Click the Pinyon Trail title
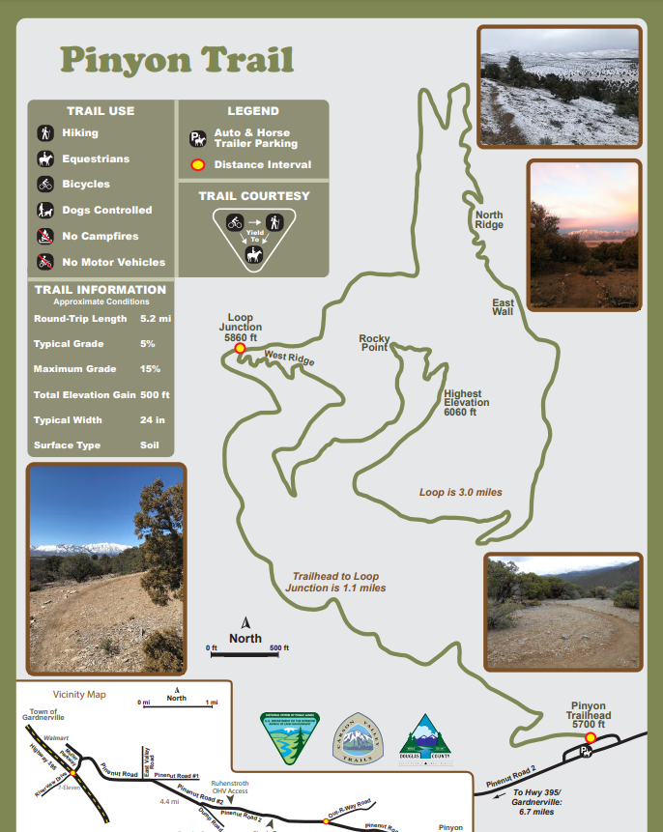[177, 60]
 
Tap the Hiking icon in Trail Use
[44, 133]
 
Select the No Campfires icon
[44, 236]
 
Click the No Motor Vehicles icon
[44, 262]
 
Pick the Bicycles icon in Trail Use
[44, 185]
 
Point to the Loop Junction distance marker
[240, 348]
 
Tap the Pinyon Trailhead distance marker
[591, 737]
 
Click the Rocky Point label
[374, 342]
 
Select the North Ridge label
[489, 219]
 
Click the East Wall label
[503, 306]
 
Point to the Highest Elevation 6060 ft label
[467, 403]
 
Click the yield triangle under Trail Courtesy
[254, 238]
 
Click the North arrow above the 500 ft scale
[245, 623]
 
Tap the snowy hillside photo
[559, 86]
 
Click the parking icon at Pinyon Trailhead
[585, 752]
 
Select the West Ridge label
[289, 359]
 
